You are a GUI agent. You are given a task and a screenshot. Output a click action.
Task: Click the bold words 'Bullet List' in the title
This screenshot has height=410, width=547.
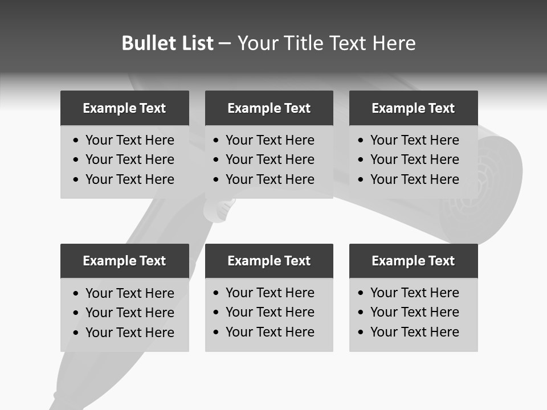168,43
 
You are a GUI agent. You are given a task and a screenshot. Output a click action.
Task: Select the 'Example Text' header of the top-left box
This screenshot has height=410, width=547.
124,108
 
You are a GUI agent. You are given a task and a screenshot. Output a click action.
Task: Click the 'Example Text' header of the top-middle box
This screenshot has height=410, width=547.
269,108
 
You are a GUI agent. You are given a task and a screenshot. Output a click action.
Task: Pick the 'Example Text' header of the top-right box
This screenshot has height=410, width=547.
413,108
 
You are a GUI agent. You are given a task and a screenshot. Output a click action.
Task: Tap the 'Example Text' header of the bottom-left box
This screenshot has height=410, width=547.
124,261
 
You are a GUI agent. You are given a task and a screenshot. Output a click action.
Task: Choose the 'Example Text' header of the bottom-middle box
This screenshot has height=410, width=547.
269,261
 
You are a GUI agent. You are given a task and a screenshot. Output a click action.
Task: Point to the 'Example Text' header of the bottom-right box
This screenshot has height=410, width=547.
413,261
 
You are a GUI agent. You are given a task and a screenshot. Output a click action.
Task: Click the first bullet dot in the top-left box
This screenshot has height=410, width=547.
76,141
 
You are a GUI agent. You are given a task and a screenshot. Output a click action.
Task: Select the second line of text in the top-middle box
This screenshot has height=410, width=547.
270,159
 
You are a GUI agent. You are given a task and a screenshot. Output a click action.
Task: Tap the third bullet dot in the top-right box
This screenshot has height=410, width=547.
361,180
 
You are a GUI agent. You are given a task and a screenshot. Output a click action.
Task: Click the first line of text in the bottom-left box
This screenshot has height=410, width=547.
130,293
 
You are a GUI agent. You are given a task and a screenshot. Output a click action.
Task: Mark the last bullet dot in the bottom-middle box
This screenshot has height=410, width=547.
217,333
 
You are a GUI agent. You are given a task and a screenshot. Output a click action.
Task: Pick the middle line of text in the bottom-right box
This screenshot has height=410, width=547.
415,312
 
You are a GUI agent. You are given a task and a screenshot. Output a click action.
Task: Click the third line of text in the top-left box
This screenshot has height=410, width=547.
130,179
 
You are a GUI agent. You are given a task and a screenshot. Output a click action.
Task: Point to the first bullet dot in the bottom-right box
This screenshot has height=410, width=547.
361,293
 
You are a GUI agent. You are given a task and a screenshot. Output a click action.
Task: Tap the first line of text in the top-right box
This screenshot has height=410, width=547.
415,140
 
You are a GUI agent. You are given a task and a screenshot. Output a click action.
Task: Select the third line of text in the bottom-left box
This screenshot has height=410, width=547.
130,333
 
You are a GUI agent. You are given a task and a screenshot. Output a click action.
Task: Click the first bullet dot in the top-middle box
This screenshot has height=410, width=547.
217,141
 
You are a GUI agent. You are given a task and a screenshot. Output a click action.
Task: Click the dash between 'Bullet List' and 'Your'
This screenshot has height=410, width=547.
224,44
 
